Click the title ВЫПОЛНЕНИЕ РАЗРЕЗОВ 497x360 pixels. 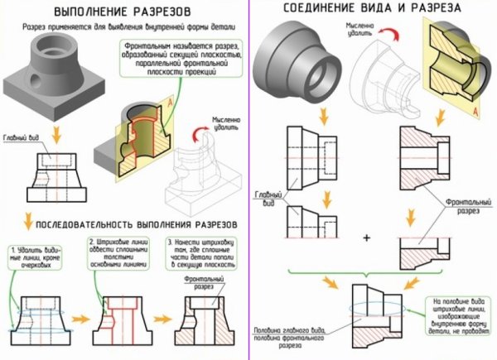pyautogui.click(x=124, y=14)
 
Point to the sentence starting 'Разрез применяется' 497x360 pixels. pyautogui.click(x=124, y=29)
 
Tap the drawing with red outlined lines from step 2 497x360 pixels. pyautogui.click(x=121, y=319)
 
